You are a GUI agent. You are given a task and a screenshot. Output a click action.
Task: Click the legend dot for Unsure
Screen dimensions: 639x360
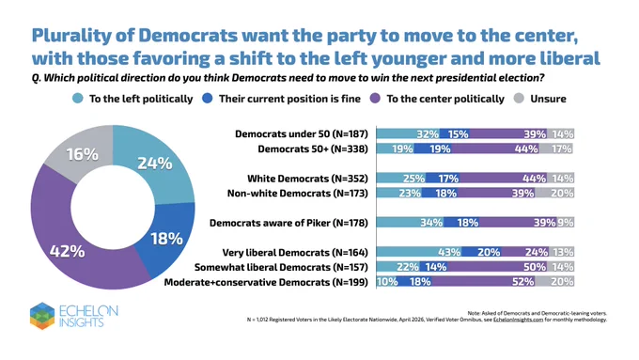coord(519,99)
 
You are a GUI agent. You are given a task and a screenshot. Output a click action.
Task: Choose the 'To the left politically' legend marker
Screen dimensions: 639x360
coord(77,99)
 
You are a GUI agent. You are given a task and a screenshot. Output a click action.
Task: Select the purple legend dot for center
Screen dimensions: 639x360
coord(375,99)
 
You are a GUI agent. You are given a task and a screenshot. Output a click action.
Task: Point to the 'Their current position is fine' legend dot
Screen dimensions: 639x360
coord(208,99)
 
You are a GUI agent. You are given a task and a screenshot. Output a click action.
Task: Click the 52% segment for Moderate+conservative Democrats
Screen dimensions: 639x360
coord(483,281)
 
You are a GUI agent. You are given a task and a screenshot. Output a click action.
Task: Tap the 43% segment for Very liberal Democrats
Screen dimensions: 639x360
coord(419,252)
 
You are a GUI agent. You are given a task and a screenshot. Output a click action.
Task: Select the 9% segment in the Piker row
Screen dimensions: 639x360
coord(566,222)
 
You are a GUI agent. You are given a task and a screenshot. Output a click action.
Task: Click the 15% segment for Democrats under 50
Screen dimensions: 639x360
coord(455,133)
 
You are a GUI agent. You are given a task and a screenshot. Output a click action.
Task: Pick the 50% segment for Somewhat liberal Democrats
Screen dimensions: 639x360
coord(497,267)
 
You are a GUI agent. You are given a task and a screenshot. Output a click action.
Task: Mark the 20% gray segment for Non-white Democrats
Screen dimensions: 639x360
coord(554,193)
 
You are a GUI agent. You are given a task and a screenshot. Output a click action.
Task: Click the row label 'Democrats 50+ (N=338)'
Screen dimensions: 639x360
coord(313,149)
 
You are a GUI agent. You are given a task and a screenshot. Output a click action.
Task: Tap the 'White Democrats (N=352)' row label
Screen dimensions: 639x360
coord(307,179)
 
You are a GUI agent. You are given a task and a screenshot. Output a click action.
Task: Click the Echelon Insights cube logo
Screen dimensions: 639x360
coord(42,316)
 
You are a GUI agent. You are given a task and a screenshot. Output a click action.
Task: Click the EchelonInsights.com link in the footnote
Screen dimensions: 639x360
coord(518,320)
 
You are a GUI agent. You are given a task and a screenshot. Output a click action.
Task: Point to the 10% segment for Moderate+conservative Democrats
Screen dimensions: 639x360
coord(387,281)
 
